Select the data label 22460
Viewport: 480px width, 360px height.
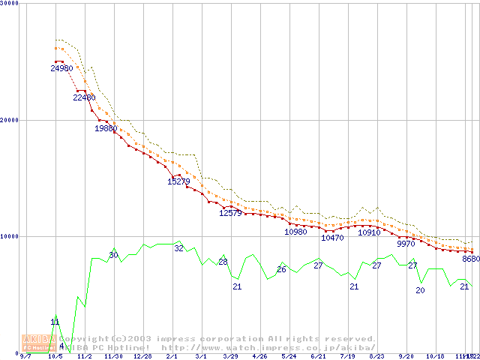point(85,97)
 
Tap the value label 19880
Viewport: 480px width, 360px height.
point(106,128)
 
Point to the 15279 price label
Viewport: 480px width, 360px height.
point(178,181)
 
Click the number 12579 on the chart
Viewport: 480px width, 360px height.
point(230,213)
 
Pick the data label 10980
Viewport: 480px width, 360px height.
point(295,232)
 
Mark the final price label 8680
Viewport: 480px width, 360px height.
point(471,259)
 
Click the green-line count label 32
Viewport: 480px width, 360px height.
point(178,247)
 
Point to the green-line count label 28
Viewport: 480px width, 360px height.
point(223,262)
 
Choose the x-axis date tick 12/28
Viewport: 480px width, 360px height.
point(142,357)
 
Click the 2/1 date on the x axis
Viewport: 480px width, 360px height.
point(172,357)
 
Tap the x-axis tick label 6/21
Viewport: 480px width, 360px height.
point(317,357)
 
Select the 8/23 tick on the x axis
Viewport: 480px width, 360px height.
point(376,357)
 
